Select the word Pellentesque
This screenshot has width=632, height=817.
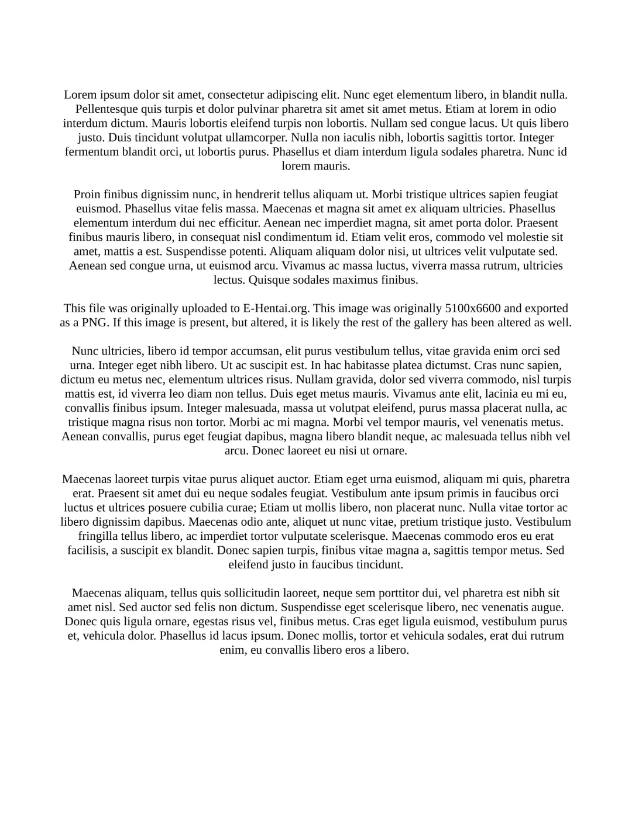[107, 109]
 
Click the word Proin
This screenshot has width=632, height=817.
[87, 194]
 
